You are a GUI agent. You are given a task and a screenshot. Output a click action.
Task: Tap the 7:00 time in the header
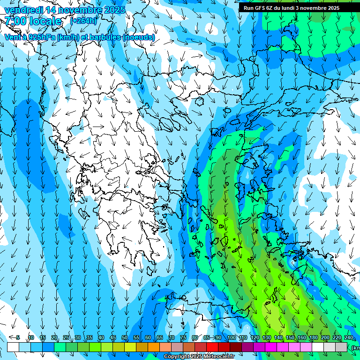point(15,21)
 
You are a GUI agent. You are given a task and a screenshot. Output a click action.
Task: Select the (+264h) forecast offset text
point(83,21)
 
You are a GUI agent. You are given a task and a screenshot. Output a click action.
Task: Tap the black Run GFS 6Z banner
point(295,8)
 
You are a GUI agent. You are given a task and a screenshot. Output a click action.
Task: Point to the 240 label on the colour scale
point(348,338)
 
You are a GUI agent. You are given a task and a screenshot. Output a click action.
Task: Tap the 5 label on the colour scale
point(18,338)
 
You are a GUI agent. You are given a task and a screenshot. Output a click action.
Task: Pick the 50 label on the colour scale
point(125,338)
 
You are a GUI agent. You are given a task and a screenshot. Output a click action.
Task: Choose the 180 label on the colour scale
point(313,338)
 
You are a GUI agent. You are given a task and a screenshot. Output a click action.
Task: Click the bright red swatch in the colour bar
point(212,347)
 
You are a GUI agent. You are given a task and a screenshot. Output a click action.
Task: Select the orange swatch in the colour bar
point(154,347)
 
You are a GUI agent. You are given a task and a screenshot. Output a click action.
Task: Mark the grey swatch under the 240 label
point(341,347)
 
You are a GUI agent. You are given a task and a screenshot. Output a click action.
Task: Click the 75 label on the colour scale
point(183,338)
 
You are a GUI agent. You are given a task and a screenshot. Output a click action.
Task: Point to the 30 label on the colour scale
point(78,338)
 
